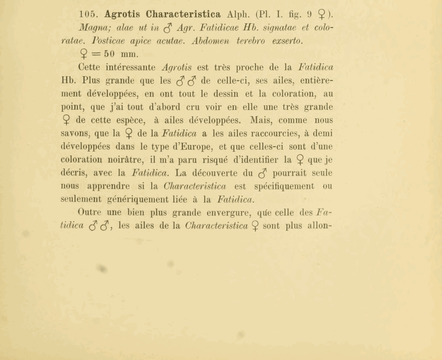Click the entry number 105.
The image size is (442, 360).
click(89, 14)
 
